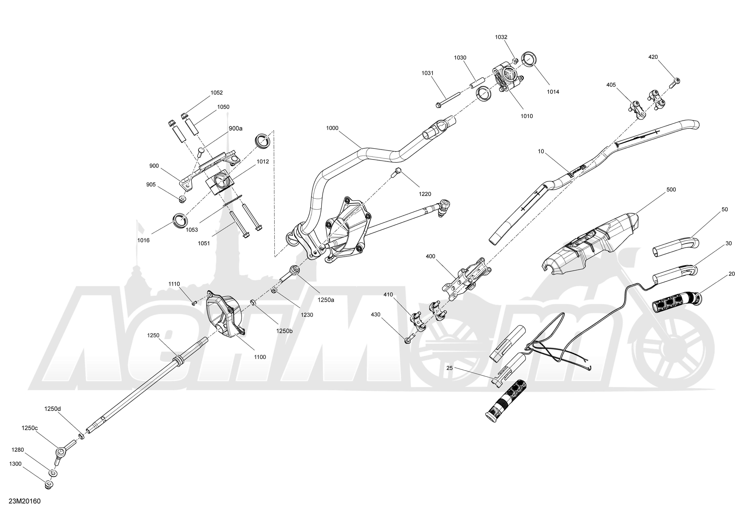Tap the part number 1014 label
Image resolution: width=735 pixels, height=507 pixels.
click(x=553, y=92)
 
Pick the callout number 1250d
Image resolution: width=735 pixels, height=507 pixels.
click(x=52, y=409)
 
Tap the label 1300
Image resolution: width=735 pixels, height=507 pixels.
click(x=15, y=464)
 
